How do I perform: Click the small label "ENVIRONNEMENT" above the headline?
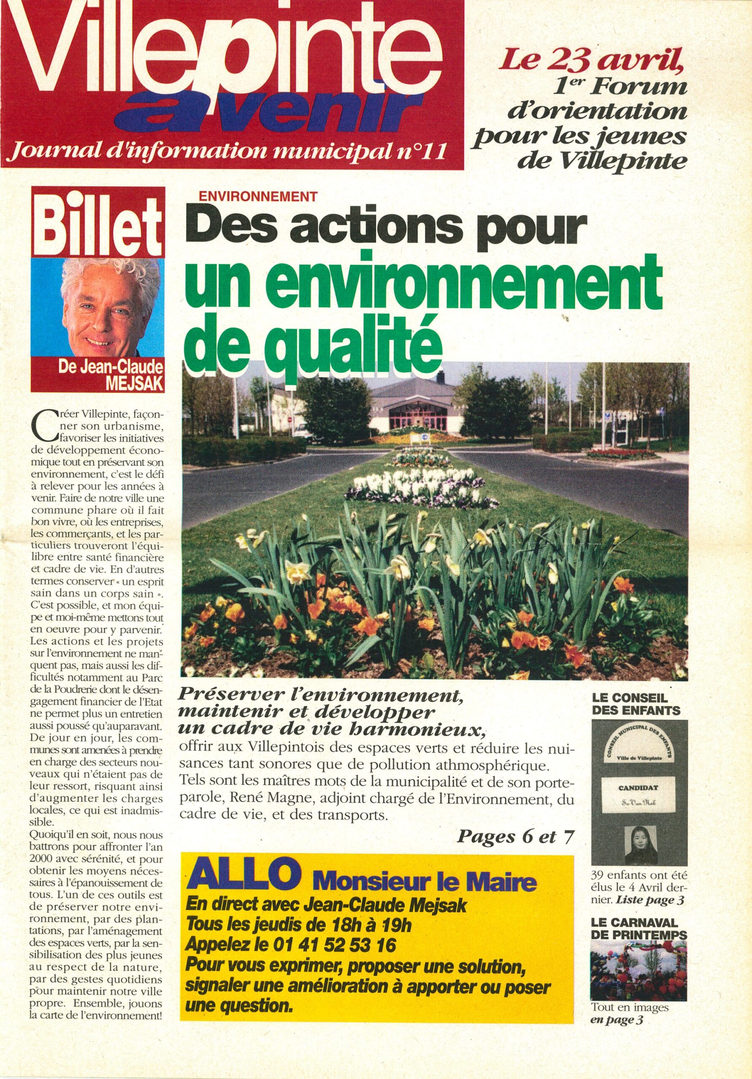coord(258,196)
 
